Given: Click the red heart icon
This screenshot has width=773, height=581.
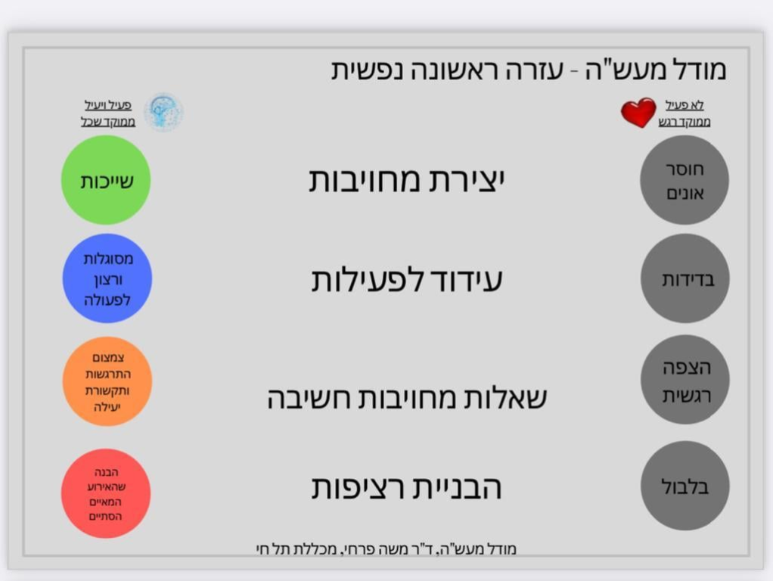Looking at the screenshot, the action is tap(638, 113).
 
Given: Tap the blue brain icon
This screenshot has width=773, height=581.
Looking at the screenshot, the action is tap(163, 112).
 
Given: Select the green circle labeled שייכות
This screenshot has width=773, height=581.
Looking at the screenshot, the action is tap(106, 180).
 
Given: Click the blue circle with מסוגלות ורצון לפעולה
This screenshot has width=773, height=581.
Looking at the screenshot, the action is tap(107, 278).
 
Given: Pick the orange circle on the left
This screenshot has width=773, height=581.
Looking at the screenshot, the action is tap(107, 381).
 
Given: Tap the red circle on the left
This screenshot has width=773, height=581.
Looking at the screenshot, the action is tap(106, 493).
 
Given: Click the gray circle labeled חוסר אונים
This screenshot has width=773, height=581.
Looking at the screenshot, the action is tap(685, 180).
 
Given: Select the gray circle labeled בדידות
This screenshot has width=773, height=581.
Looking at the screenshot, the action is tap(685, 278).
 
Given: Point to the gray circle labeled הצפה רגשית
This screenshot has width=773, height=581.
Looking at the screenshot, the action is tap(685, 380).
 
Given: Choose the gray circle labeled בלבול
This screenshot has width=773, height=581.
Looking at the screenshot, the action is tap(685, 486).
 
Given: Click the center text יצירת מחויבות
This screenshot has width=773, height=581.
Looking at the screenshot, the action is tap(407, 179).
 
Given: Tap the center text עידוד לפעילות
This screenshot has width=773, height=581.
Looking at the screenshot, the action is tap(407, 280).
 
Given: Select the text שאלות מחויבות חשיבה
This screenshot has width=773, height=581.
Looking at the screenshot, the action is tap(407, 398).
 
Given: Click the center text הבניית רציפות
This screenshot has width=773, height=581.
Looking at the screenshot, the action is tap(407, 487).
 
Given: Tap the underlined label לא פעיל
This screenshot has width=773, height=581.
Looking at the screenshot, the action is tap(685, 105).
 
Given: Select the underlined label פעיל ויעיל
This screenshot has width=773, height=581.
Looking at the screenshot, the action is tap(108, 105).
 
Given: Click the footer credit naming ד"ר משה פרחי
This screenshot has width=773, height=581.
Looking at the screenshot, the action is tap(386, 549).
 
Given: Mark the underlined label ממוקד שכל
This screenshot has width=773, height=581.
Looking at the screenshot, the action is tap(108, 121).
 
